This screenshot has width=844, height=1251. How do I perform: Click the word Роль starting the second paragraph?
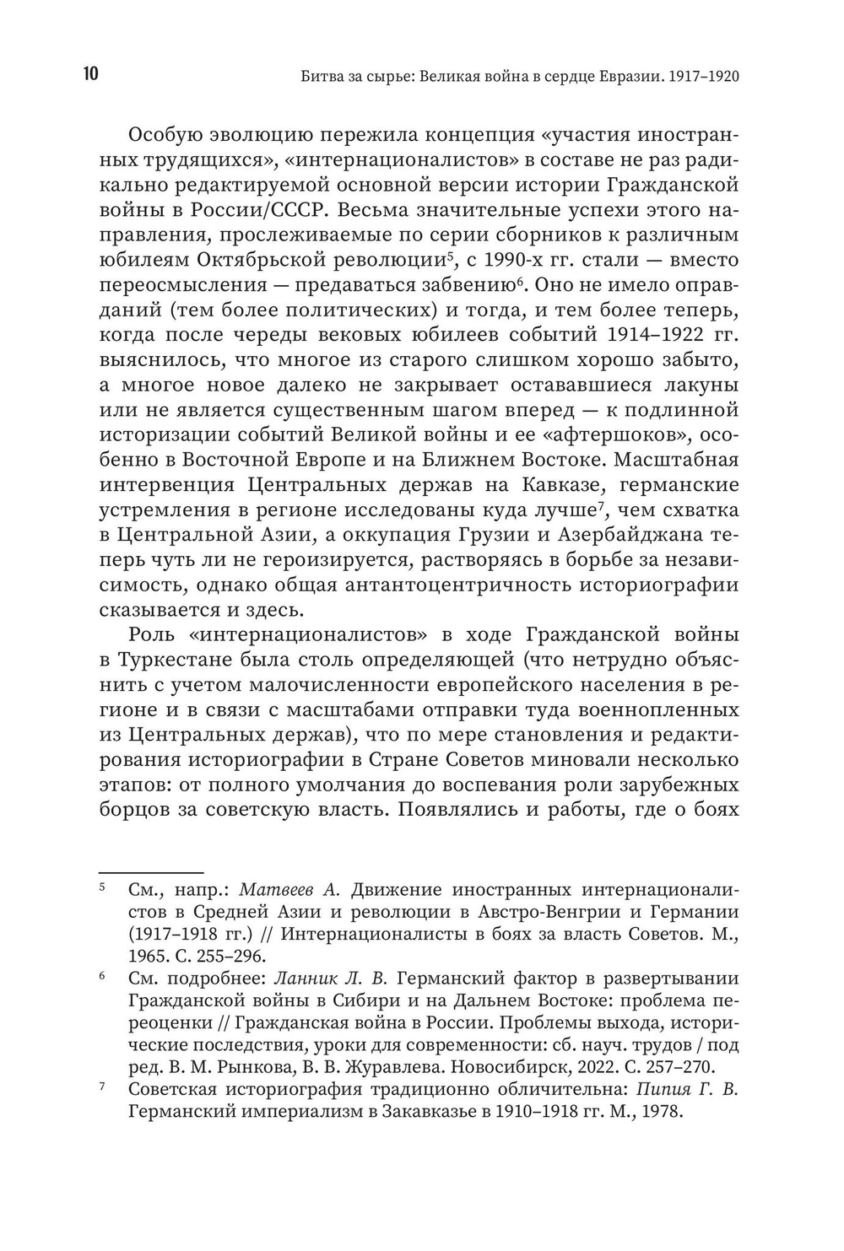tap(154, 634)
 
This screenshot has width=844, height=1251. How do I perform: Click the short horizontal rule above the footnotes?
tap(152, 871)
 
